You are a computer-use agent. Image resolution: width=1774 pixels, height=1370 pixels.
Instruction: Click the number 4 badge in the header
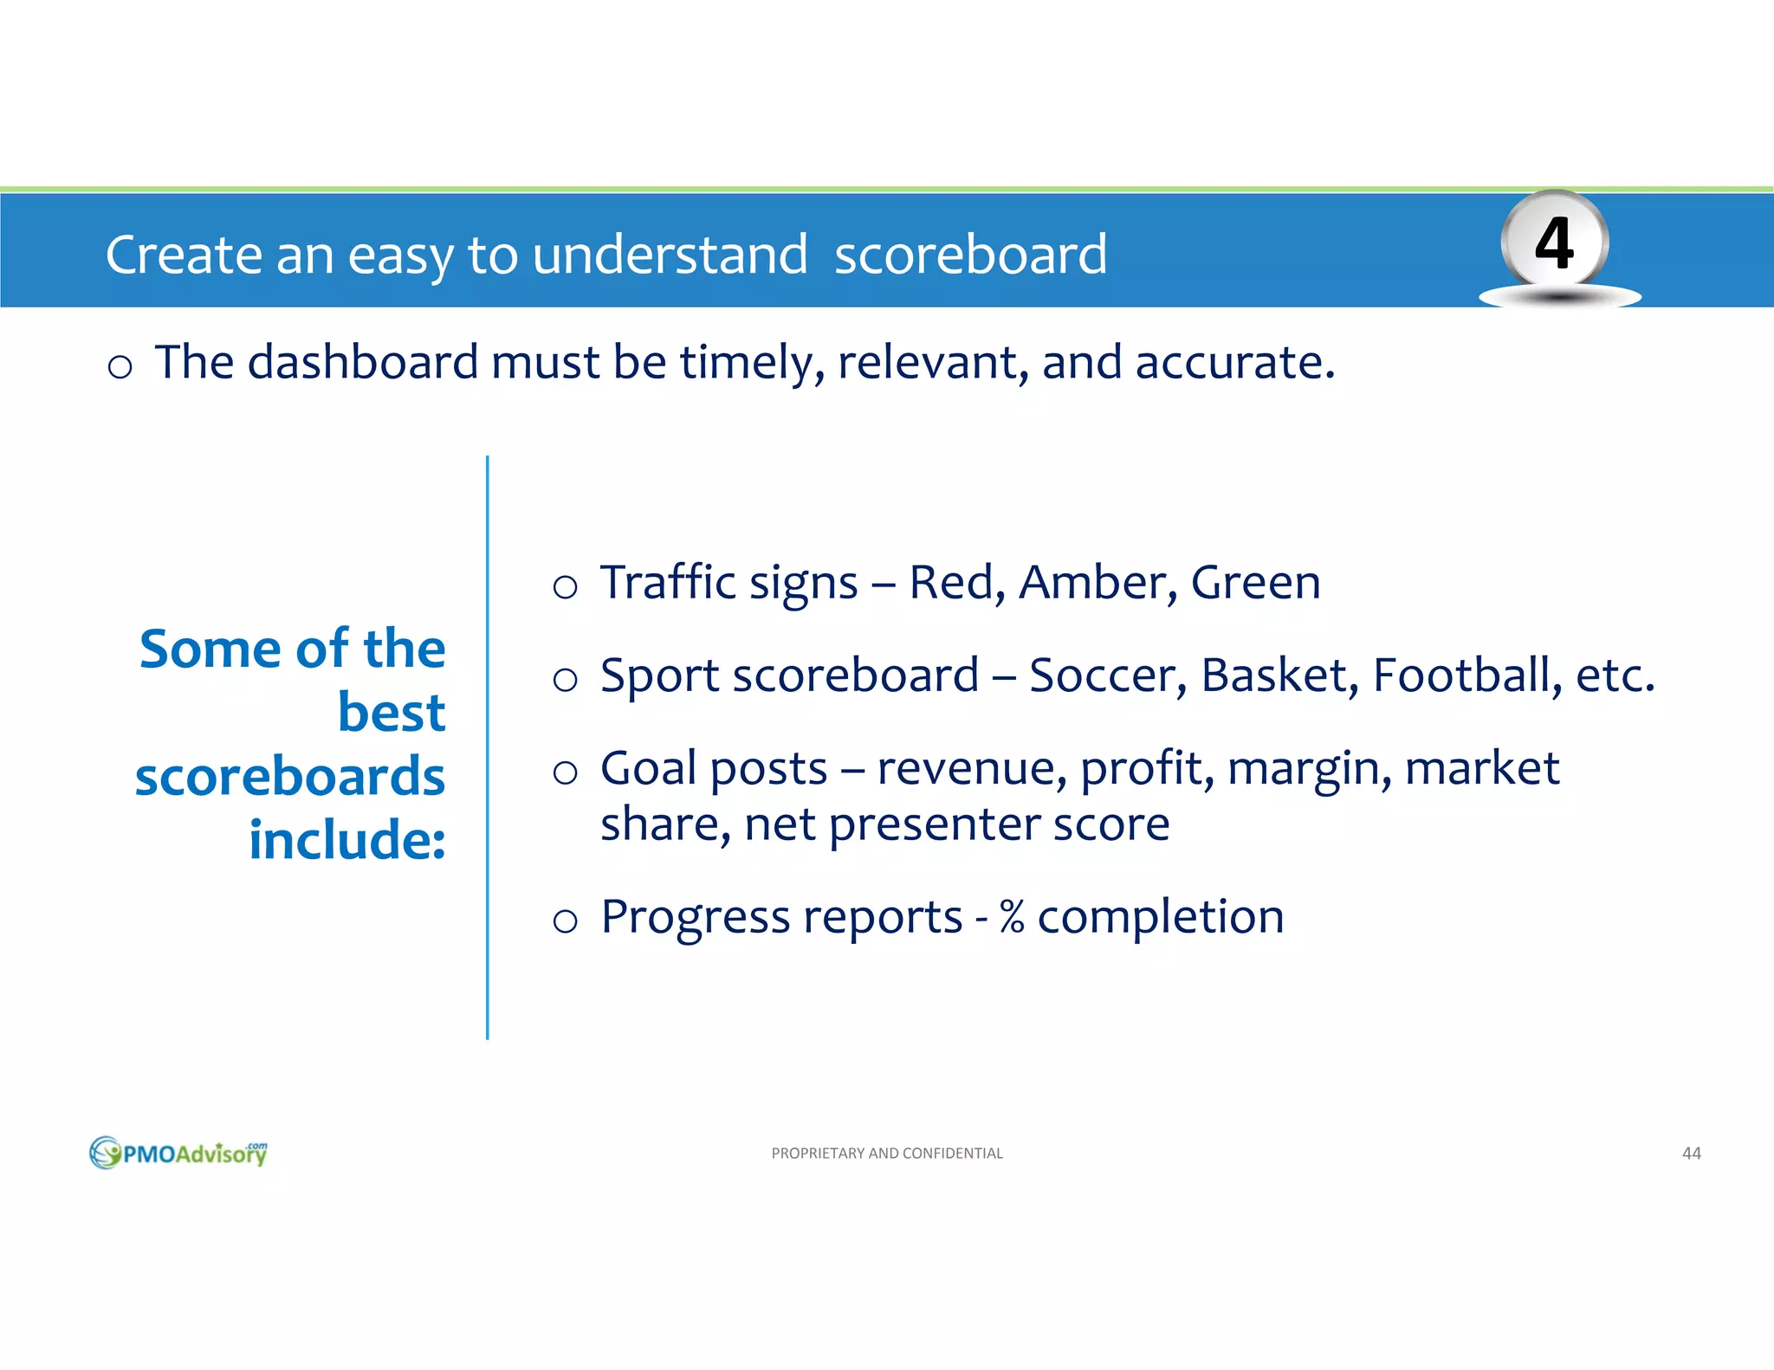click(x=1555, y=243)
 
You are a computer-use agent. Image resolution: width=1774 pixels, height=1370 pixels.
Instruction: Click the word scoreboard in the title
click(x=970, y=255)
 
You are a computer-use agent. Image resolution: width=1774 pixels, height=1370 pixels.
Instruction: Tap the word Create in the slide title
click(x=183, y=255)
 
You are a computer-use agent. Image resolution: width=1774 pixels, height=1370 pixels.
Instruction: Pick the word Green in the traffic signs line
click(x=1255, y=582)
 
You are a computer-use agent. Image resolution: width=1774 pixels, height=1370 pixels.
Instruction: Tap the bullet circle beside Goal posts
click(x=565, y=772)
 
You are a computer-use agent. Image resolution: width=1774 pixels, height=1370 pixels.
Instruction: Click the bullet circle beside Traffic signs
click(x=565, y=587)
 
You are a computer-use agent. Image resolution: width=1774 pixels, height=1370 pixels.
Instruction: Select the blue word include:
click(x=346, y=840)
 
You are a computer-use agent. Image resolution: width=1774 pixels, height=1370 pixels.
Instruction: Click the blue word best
click(x=391, y=712)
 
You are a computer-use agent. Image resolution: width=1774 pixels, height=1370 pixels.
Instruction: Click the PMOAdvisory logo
click(x=178, y=1153)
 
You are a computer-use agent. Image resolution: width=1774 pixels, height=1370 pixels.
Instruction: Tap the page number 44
click(x=1691, y=1153)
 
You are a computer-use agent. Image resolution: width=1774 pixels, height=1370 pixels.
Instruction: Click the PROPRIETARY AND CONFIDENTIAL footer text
click(x=886, y=1153)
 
